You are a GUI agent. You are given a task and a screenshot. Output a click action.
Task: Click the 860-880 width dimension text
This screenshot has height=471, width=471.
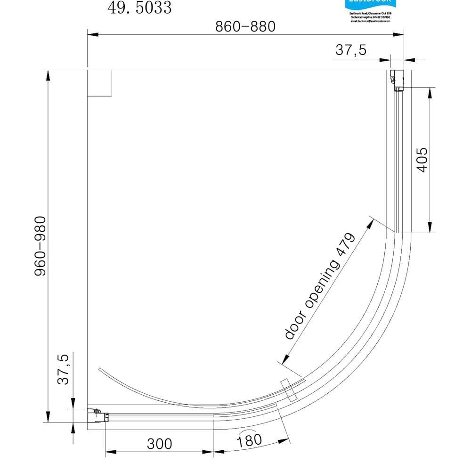tap(245, 26)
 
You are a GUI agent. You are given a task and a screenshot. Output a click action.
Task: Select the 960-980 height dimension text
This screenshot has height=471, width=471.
tap(41, 246)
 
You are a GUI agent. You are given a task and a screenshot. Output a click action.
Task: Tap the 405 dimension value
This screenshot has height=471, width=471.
tap(422, 160)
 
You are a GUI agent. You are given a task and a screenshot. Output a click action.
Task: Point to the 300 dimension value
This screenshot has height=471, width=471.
tap(160, 444)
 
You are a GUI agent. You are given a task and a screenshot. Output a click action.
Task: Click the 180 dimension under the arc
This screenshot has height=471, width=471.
tap(249, 440)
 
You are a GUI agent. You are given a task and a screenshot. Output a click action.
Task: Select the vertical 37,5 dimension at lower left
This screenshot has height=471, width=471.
tap(63, 369)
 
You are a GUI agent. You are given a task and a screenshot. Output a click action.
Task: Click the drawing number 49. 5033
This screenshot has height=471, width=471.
tap(140, 8)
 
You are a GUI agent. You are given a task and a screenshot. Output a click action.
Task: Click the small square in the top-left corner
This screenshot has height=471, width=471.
tap(99, 83)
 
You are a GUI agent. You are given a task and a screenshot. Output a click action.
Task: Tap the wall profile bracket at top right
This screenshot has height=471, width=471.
tap(398, 80)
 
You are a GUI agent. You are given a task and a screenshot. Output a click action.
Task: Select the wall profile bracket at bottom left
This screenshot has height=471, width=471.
tap(98, 415)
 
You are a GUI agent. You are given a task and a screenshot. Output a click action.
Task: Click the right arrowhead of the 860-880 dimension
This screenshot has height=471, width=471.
tap(400, 34)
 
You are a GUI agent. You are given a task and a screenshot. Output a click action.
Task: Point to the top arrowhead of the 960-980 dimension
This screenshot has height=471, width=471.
tap(48, 75)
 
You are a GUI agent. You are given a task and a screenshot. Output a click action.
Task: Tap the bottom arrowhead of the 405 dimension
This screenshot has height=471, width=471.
tap(430, 228)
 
